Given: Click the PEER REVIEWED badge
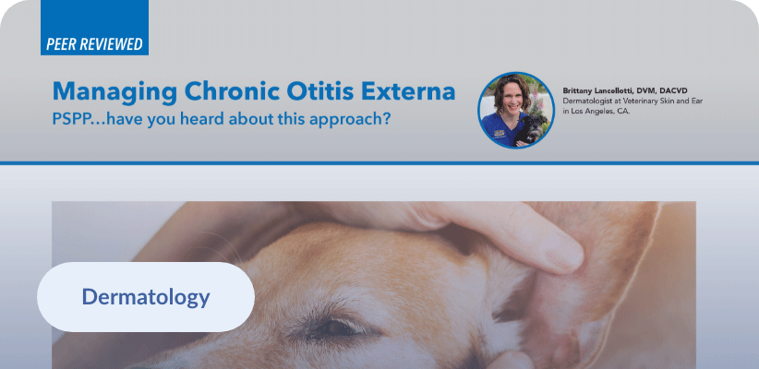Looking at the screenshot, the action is click(94, 28).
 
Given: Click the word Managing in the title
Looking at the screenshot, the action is click(114, 92).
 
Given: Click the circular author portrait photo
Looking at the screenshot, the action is click(516, 111).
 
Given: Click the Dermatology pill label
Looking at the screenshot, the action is click(146, 297).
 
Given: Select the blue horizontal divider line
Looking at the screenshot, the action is click(379, 163).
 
